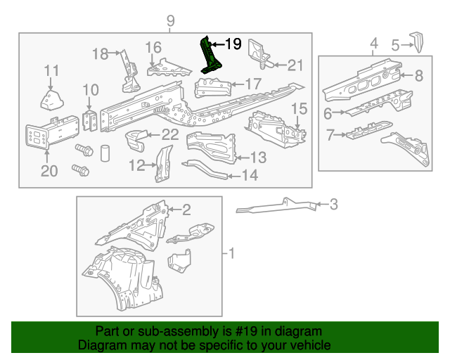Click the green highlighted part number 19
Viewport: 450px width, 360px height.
210,56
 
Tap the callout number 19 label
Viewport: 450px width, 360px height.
233,44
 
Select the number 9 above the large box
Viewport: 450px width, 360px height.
170,21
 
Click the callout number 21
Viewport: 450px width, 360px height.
295,65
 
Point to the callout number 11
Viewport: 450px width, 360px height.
51,70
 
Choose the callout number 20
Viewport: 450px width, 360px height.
48,172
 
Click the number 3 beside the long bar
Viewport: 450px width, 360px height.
333,205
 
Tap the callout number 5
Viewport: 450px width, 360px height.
395,46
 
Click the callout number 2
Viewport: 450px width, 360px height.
186,208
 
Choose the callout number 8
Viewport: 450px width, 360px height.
418,76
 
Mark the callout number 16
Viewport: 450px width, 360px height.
153,48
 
